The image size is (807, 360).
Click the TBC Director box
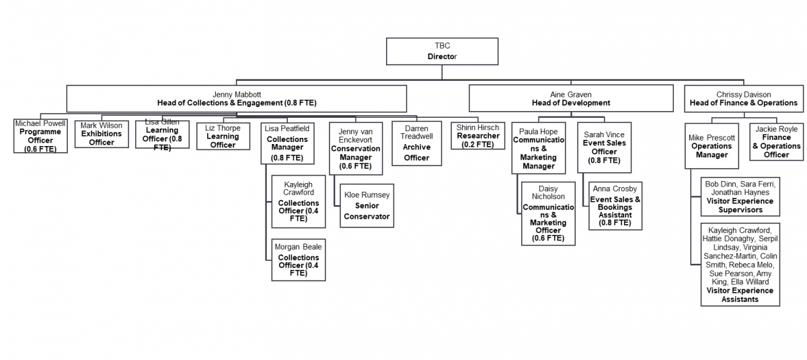click(x=442, y=52)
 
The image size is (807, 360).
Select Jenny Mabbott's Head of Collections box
click(x=237, y=98)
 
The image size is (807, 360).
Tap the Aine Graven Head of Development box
click(x=571, y=98)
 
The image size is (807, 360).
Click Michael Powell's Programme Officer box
click(x=40, y=136)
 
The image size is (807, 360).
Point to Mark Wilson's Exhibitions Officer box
click(x=102, y=134)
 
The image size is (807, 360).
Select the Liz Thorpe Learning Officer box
click(x=218, y=137)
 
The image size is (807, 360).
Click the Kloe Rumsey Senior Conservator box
click(x=367, y=206)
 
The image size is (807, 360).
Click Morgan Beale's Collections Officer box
click(x=297, y=260)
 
